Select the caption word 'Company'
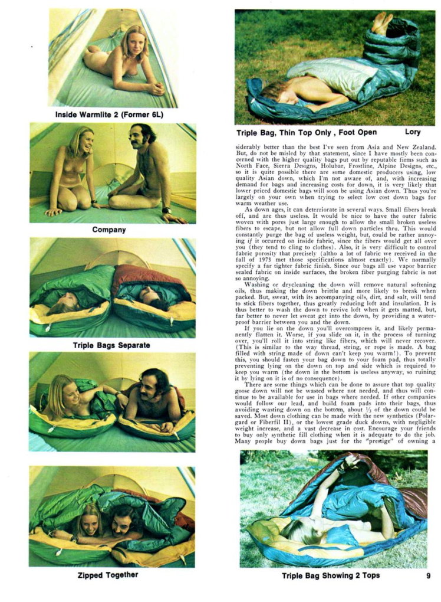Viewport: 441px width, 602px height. [109, 230]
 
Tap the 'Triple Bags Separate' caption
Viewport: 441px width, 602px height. [111, 345]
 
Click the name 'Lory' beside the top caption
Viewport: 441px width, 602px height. [413, 132]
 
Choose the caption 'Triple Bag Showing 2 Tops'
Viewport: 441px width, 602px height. [330, 575]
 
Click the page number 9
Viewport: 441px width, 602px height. [429, 575]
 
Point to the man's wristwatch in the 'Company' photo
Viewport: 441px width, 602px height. [167, 210]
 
